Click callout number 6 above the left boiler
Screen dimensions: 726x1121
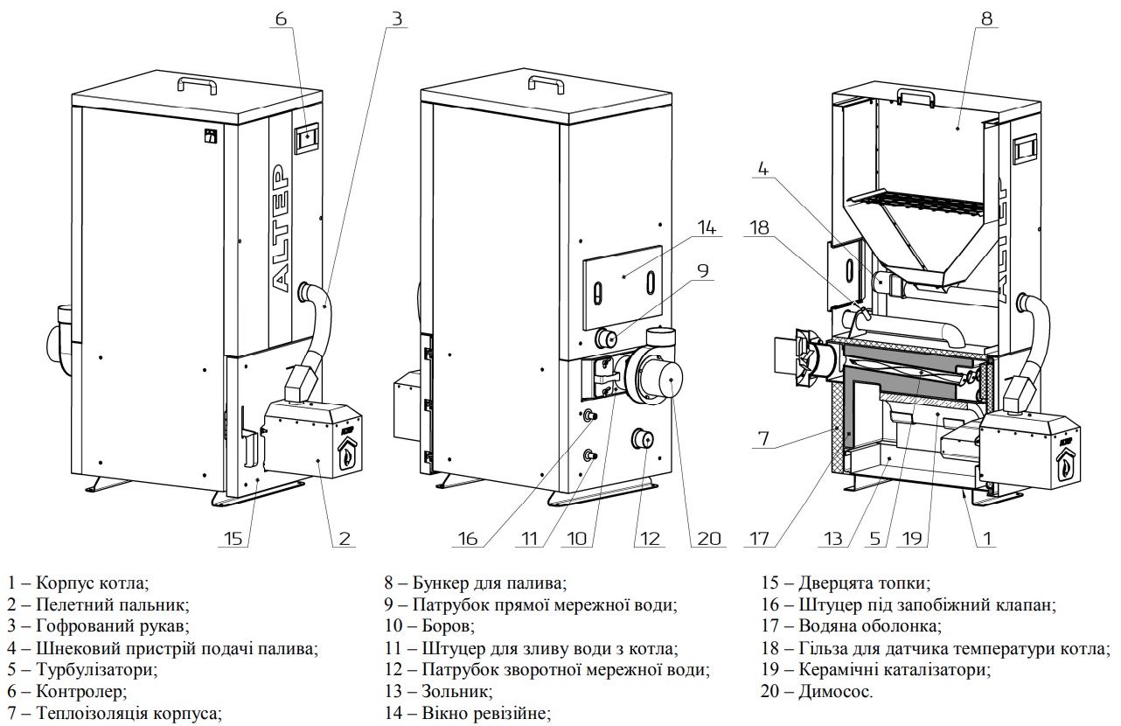coord(281,18)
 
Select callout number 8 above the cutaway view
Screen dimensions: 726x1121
coord(987,18)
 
